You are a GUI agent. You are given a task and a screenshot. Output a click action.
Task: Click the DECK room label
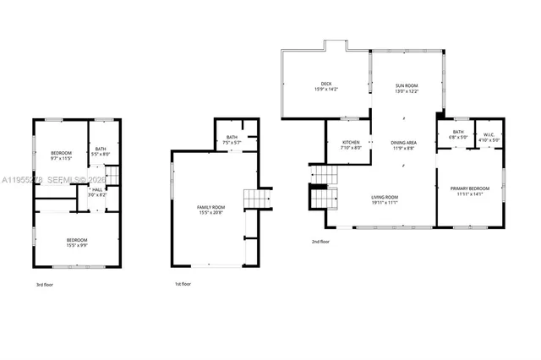pos(325,84)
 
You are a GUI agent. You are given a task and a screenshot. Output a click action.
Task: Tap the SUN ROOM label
pos(407,85)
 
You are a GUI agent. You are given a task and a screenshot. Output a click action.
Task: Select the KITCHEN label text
pos(351,142)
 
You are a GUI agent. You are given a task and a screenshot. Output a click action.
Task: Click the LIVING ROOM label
pos(385,197)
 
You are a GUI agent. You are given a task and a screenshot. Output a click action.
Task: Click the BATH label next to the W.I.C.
pos(458,132)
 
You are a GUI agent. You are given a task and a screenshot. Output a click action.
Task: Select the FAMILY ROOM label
pos(210,207)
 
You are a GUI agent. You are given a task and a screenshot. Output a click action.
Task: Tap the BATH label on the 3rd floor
pos(100,149)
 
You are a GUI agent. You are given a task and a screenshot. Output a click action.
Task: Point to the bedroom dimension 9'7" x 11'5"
pos(62,158)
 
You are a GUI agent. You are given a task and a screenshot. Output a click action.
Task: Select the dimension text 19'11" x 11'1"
pos(385,203)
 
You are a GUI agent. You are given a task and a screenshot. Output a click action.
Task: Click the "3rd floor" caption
pos(46,285)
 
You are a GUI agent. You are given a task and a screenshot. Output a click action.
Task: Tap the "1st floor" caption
pos(182,284)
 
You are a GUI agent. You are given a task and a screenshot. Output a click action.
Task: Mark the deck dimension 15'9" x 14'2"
pos(325,90)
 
